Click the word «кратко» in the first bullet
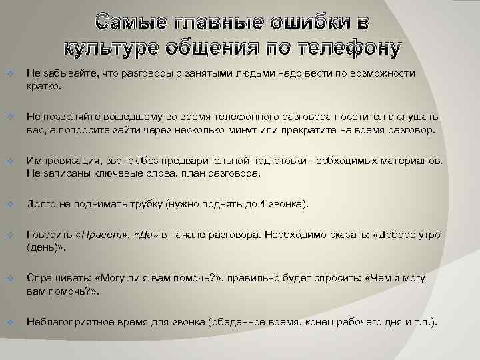(x=43, y=86)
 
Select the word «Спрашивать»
(x=58, y=279)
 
